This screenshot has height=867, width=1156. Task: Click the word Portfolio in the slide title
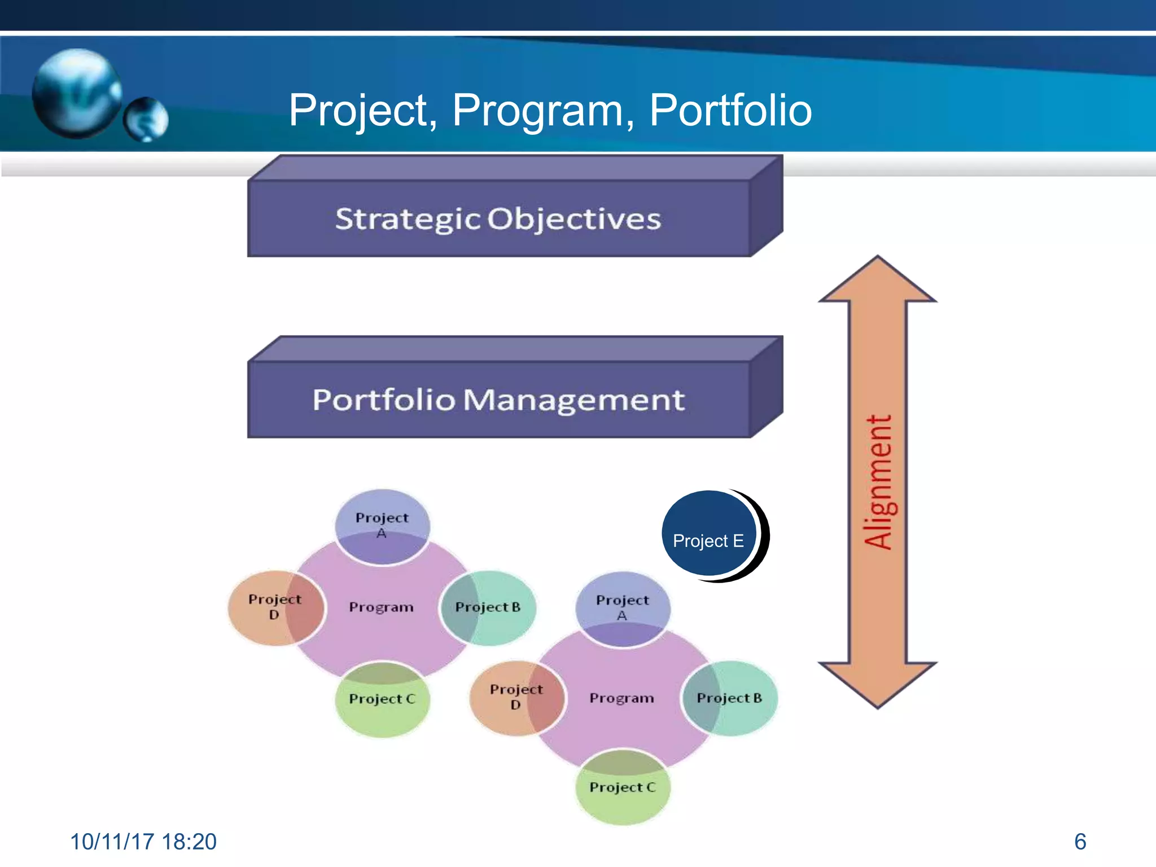click(730, 111)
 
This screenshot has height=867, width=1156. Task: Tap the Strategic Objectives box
click(498, 219)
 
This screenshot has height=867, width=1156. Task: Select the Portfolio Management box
click(498, 400)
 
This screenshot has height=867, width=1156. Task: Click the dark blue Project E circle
click(708, 534)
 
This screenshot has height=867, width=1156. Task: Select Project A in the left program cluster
click(382, 525)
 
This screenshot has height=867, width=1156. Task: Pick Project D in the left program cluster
click(275, 607)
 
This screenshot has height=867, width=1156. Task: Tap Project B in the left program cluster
click(488, 607)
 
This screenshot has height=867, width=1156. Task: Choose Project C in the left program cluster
click(382, 699)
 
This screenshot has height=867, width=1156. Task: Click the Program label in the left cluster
click(381, 607)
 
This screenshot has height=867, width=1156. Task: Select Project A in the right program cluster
click(623, 607)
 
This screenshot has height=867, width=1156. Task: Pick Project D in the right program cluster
click(516, 697)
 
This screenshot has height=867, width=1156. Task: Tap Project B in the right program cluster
click(729, 698)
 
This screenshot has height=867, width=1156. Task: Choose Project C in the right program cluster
click(623, 787)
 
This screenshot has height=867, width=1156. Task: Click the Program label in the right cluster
click(621, 698)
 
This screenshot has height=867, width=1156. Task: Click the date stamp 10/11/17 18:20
click(143, 842)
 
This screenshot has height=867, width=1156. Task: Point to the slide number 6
click(1080, 842)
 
